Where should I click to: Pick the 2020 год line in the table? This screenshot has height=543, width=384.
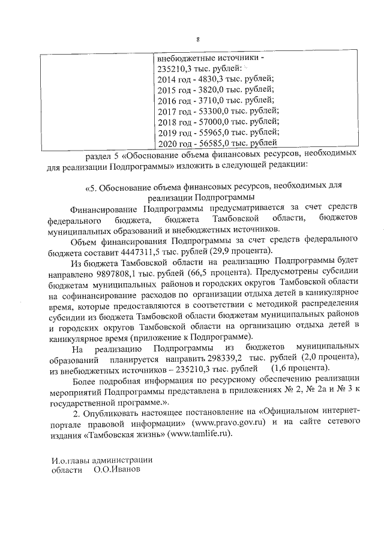click(217, 143)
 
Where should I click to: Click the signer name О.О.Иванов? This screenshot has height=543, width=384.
click(117, 470)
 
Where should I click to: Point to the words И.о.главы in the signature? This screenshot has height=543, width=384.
click(70, 460)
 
